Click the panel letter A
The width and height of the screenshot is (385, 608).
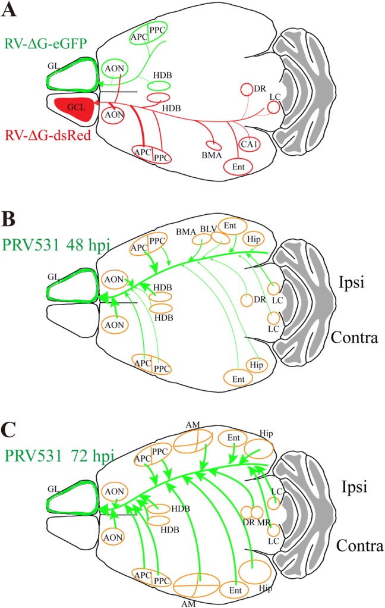click(x=12, y=10)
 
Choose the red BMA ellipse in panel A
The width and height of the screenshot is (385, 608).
click(x=213, y=145)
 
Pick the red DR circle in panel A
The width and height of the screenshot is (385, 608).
click(x=247, y=89)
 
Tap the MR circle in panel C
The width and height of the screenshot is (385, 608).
click(x=257, y=511)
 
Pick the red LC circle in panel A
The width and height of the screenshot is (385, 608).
click(x=273, y=108)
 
